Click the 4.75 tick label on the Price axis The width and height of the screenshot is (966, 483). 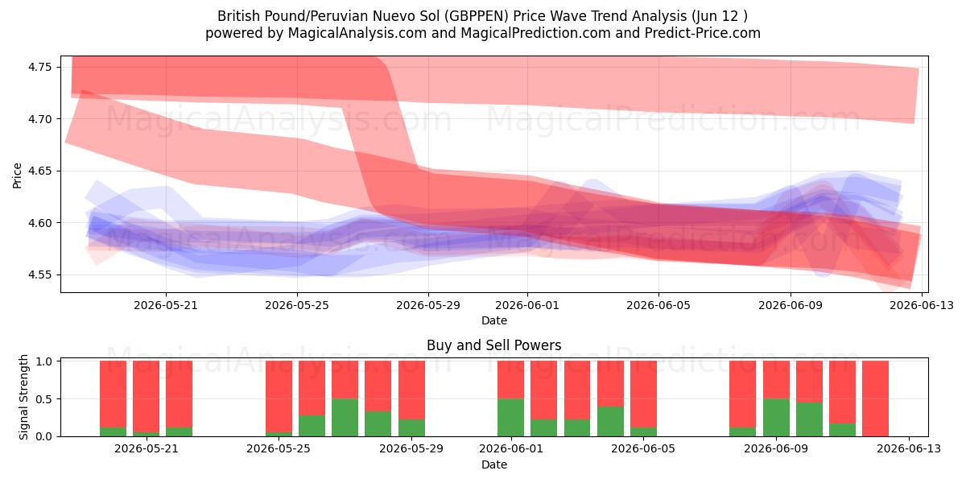click(39, 68)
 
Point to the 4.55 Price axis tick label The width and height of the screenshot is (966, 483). click(39, 275)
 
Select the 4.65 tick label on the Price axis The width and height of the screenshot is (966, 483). click(39, 171)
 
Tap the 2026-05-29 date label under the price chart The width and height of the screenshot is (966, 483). click(428, 305)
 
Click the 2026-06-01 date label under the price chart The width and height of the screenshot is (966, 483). click(527, 305)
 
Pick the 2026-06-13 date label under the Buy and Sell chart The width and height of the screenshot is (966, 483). click(909, 449)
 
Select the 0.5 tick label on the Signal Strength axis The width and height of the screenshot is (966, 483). click(44, 399)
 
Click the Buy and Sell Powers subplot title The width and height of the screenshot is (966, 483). click(494, 345)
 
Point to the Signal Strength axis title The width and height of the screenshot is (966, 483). click(23, 397)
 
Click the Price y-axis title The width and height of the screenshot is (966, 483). click(17, 175)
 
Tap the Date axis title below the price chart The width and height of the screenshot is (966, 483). click(494, 320)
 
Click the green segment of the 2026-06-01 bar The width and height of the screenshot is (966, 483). click(510, 418)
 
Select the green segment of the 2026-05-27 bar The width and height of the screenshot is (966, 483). click(345, 418)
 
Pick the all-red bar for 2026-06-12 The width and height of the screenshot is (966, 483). click(876, 398)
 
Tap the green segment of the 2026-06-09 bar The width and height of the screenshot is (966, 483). click(776, 418)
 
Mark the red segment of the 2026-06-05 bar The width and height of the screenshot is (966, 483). click(643, 394)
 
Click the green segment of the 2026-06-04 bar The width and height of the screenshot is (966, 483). click(610, 421)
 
